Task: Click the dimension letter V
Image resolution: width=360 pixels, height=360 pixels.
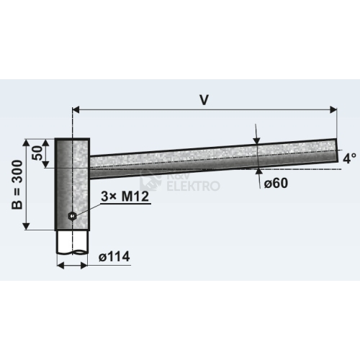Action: pos(204,99)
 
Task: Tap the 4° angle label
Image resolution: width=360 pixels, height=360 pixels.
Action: pos(349,158)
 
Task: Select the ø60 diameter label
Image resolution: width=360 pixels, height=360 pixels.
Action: pos(276,184)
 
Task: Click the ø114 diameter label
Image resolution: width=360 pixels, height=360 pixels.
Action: pos(114,257)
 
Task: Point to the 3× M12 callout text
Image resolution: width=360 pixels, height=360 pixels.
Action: pos(125,197)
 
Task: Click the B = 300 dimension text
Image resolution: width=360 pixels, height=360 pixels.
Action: pos(17,185)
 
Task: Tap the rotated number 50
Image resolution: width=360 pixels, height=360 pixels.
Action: pos(37,153)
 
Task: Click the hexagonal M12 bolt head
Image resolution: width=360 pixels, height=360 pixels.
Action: pos(72,216)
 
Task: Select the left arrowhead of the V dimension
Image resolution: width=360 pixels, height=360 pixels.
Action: pos(76,110)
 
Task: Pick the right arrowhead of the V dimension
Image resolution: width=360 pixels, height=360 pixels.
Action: pos(333,110)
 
